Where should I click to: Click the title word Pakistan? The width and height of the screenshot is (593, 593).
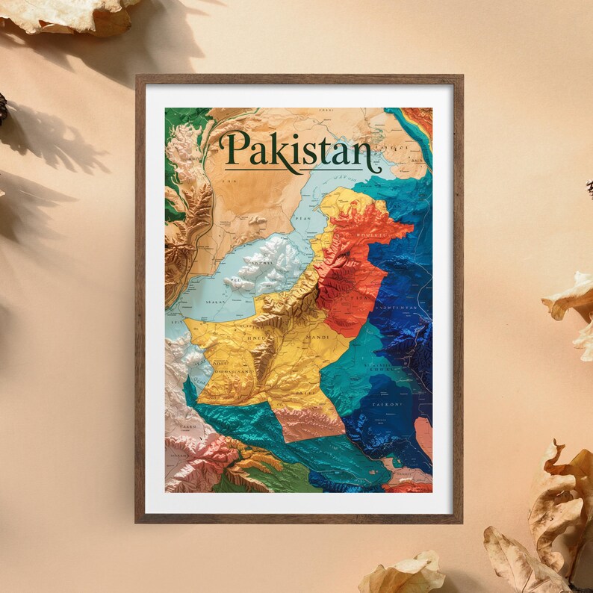click(x=297, y=152)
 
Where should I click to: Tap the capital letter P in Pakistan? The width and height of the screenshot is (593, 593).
click(x=237, y=149)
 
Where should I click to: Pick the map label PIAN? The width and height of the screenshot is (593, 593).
click(x=302, y=218)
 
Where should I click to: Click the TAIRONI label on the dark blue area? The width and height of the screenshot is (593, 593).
click(x=387, y=404)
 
